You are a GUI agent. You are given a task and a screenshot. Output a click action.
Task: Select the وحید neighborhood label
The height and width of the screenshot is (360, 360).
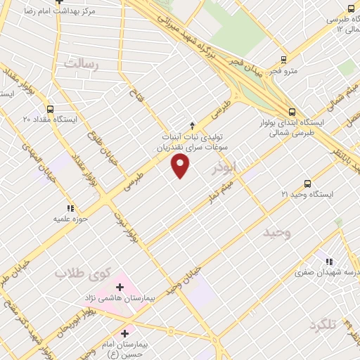pyautogui.click(x=276, y=231)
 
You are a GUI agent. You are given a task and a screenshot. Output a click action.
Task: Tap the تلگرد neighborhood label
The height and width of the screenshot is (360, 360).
pyautogui.click(x=323, y=326)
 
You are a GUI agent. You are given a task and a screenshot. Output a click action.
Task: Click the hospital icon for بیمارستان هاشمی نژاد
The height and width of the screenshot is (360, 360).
pyautogui.click(x=120, y=287)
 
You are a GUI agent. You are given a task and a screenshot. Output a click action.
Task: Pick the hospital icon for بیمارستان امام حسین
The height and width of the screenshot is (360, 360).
pyautogui.click(x=125, y=333)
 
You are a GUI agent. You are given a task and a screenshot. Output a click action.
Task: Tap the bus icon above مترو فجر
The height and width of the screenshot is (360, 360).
pyautogui.click(x=283, y=59)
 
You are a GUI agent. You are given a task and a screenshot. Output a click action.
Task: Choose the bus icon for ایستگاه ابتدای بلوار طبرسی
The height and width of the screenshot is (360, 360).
pyautogui.click(x=292, y=111)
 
